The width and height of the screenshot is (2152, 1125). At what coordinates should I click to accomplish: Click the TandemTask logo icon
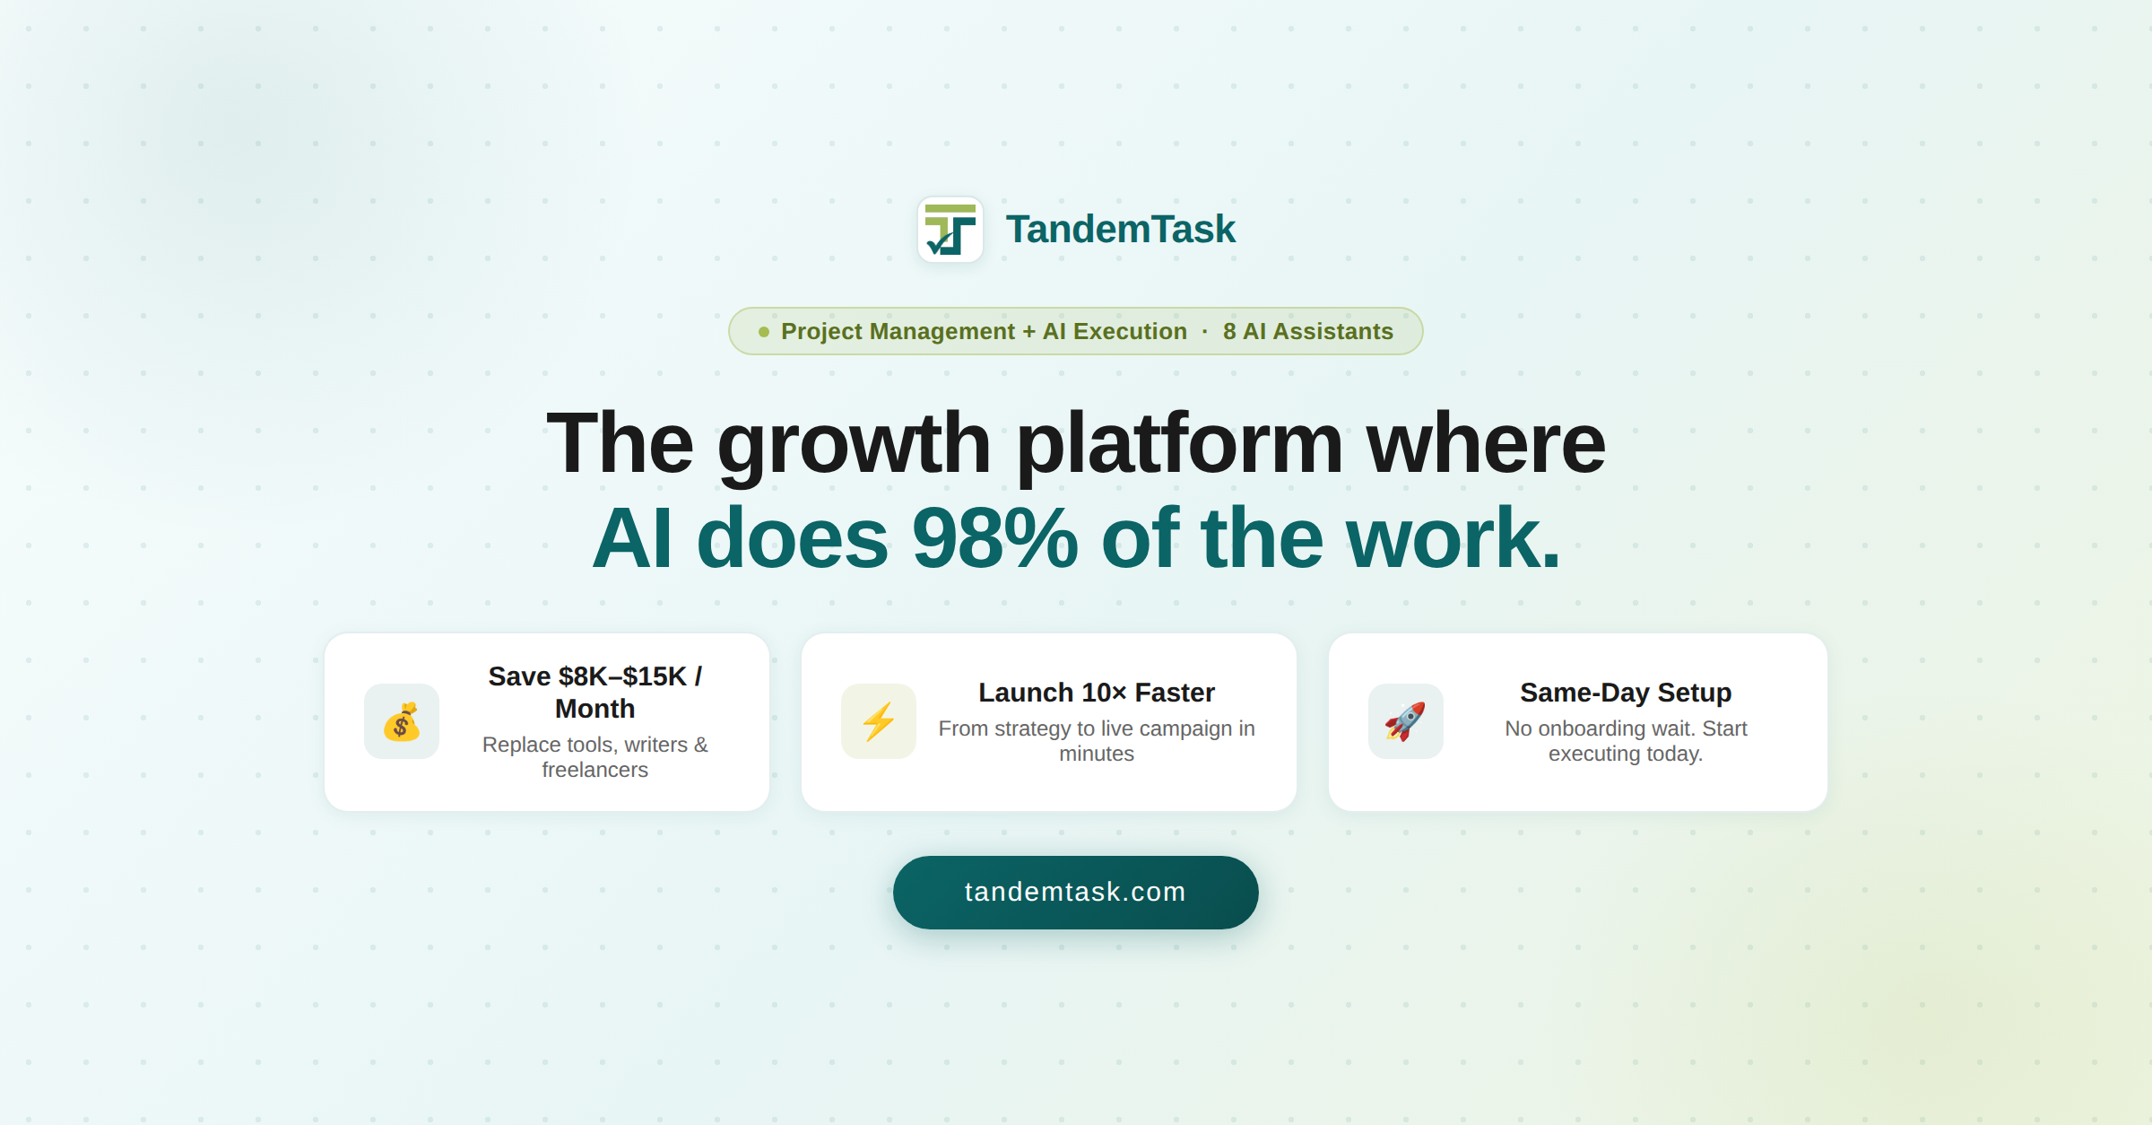tap(950, 230)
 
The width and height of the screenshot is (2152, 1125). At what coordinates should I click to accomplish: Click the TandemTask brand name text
tap(1120, 230)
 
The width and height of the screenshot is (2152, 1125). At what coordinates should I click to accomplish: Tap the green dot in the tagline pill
tap(764, 332)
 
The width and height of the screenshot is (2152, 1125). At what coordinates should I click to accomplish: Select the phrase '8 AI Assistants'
tap(1307, 332)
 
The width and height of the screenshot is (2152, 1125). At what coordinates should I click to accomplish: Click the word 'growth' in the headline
tap(853, 443)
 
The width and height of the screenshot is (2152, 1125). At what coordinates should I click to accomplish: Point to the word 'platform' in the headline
tap(1178, 443)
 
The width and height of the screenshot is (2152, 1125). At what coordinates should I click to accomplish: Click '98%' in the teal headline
tap(994, 538)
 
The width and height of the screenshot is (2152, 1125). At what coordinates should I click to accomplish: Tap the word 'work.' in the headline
tap(1453, 538)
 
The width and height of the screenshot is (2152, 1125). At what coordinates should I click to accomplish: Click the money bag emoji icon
tap(402, 721)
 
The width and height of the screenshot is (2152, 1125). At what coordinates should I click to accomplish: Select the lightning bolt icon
tap(879, 721)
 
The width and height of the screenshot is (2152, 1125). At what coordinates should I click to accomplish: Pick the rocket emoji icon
tap(1405, 721)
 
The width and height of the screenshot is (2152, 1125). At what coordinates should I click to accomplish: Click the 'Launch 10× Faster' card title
tap(1096, 693)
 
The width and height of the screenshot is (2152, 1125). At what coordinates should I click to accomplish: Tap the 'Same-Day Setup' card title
tap(1625, 693)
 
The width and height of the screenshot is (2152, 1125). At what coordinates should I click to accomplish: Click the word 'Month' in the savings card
tap(594, 709)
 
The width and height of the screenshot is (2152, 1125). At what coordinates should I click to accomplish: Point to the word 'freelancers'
tap(594, 770)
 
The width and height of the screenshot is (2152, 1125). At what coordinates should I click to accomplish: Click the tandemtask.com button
tap(1075, 892)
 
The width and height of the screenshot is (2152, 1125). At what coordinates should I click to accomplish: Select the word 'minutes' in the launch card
tap(1096, 754)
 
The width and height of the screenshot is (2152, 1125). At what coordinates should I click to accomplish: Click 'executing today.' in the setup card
tap(1625, 754)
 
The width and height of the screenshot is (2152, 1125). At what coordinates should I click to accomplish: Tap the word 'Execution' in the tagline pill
tap(1130, 332)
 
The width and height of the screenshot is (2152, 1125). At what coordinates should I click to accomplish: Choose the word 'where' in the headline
tap(1485, 443)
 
